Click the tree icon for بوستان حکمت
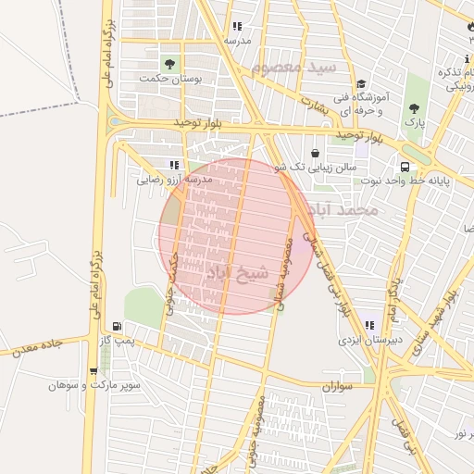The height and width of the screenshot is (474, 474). click(x=169, y=63)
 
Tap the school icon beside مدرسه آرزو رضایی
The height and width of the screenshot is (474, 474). click(x=175, y=165)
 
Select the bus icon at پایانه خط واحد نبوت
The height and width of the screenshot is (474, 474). click(x=405, y=167)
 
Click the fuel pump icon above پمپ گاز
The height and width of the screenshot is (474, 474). click(x=116, y=326)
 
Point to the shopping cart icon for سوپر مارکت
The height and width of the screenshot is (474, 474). click(x=93, y=371)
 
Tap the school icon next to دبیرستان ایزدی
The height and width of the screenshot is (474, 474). click(x=369, y=326)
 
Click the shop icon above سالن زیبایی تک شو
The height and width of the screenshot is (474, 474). click(x=316, y=152)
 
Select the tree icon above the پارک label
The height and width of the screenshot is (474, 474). click(x=413, y=108)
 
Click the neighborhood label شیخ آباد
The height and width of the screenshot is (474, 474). click(x=236, y=273)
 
